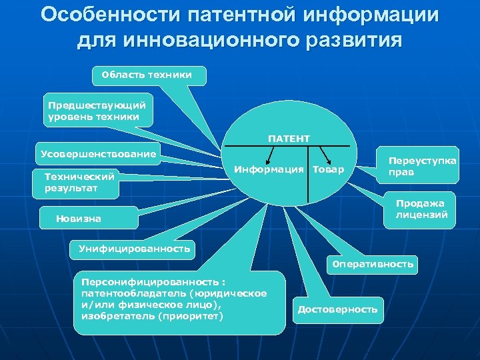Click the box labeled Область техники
point(148,75)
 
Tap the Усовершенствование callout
point(98,155)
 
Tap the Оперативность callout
point(373,265)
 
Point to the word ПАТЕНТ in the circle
point(289,139)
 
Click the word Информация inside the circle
point(269,170)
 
